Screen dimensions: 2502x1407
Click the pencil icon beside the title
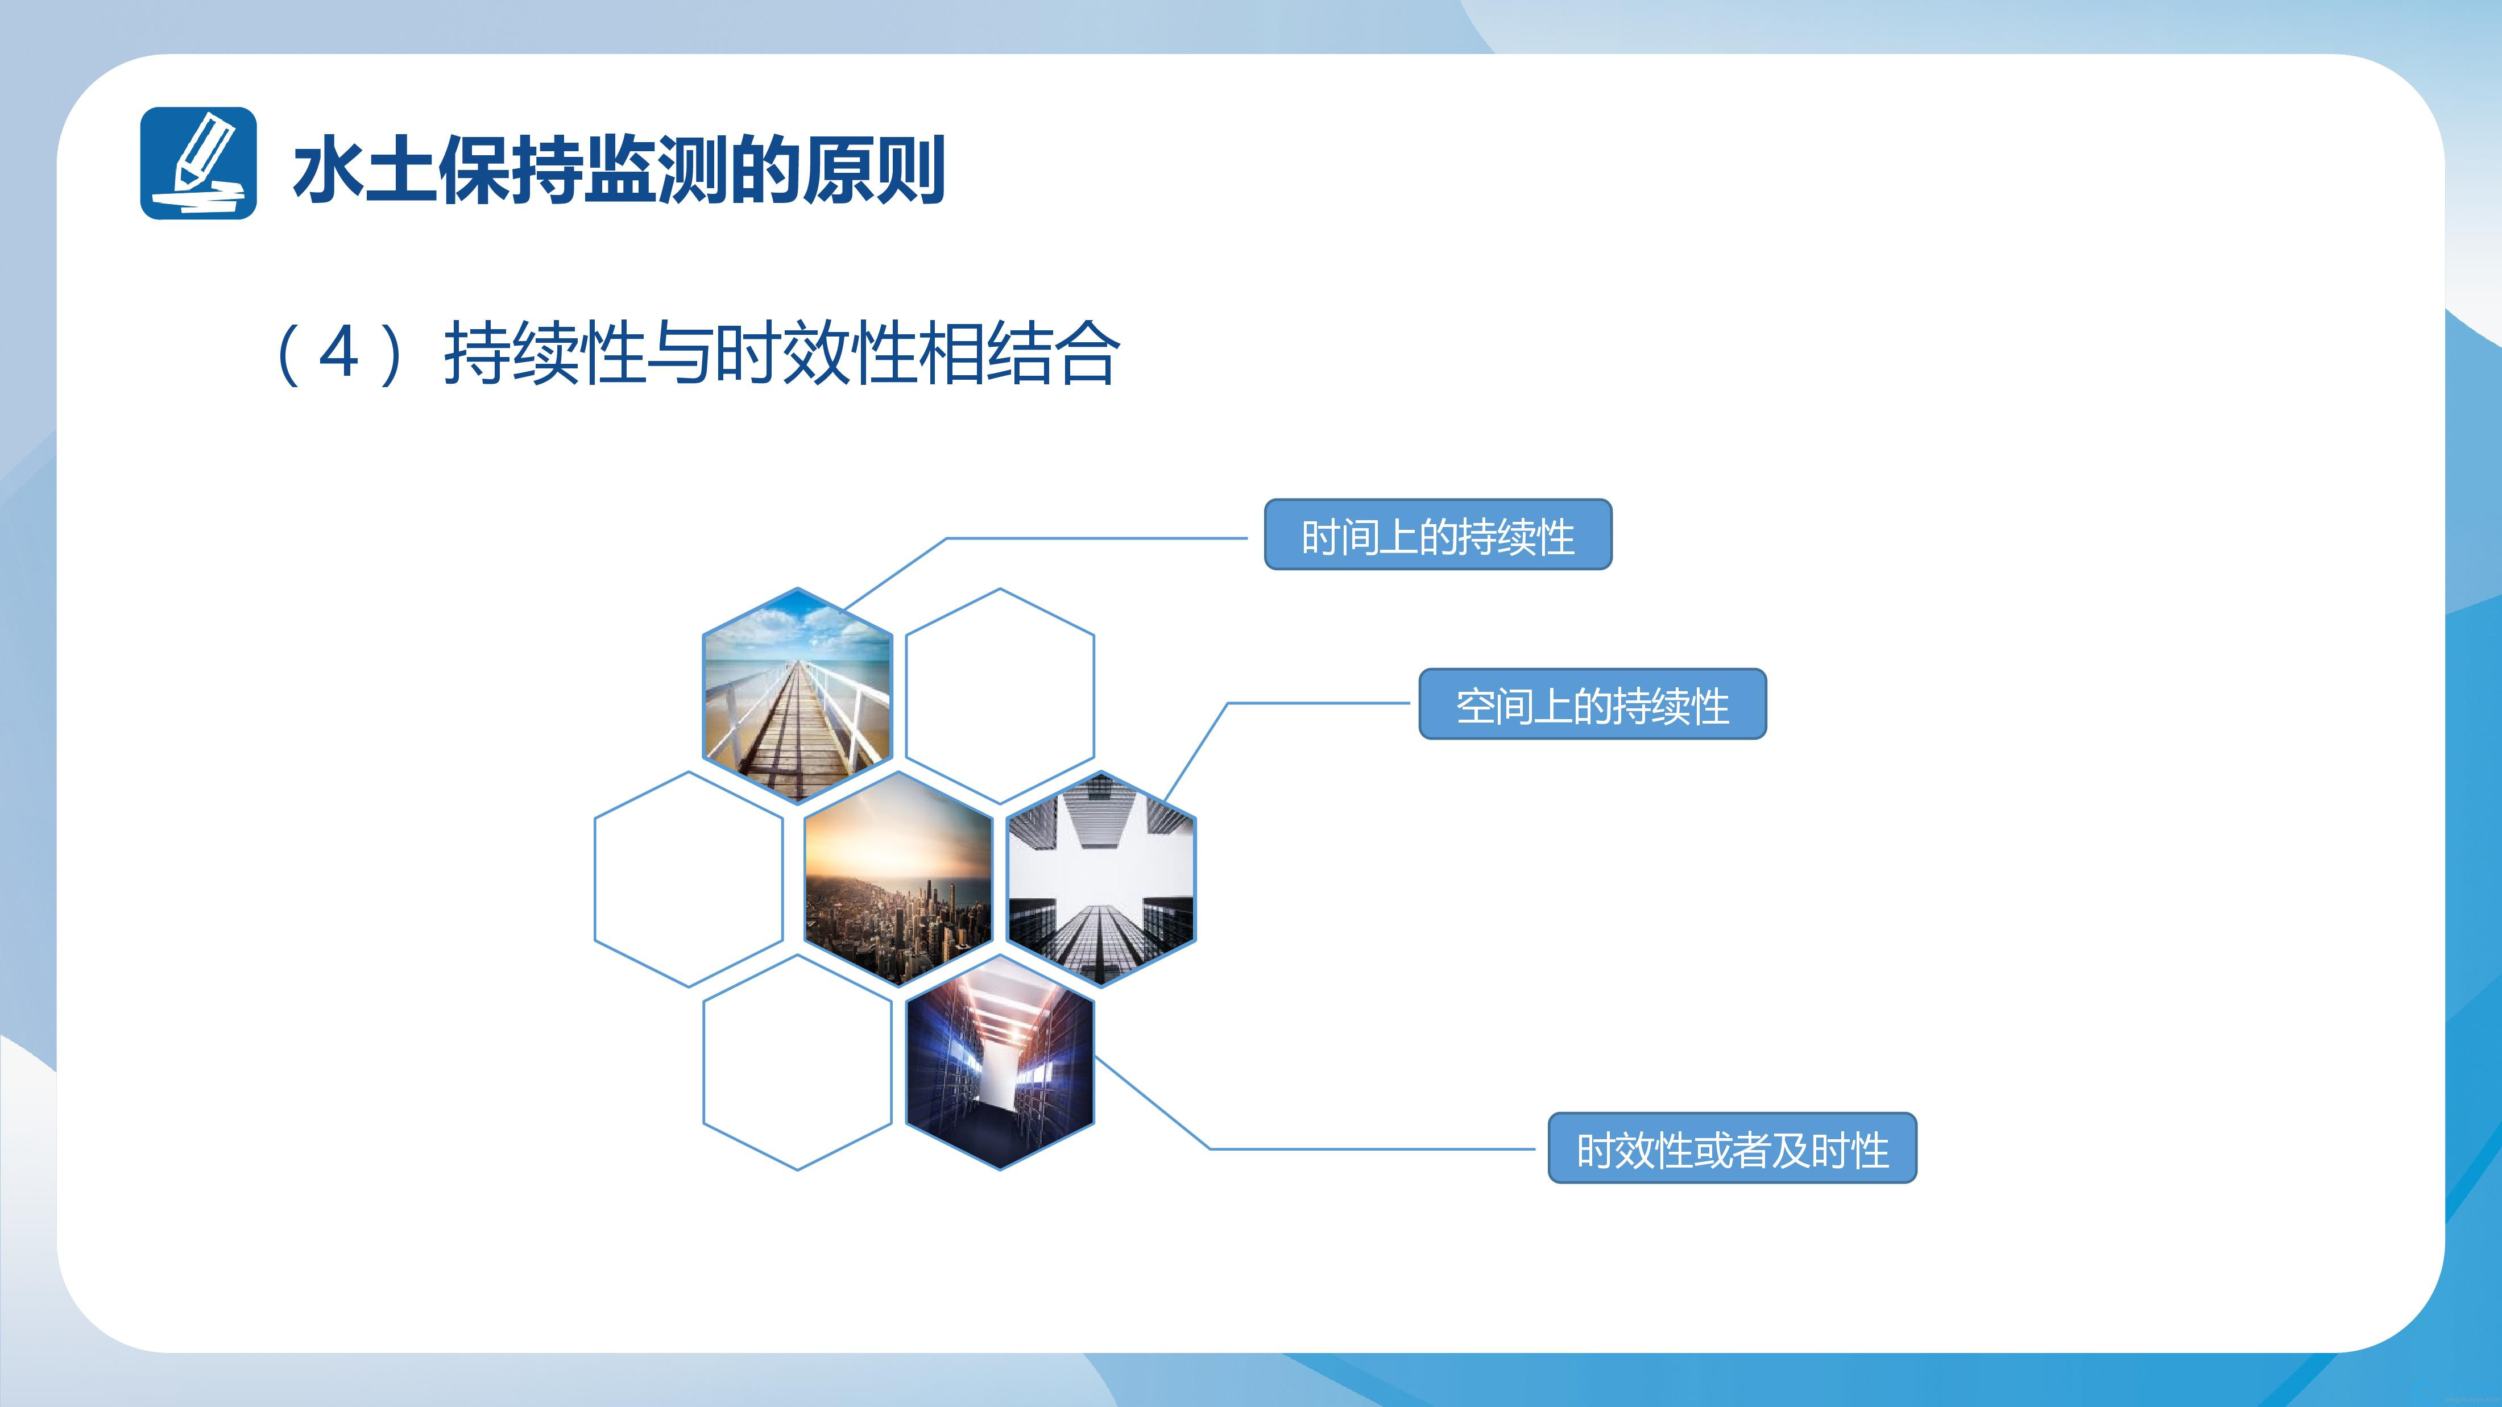[x=198, y=163]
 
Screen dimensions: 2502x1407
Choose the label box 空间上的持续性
[x=1593, y=704]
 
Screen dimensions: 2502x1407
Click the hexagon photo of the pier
[x=797, y=695]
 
